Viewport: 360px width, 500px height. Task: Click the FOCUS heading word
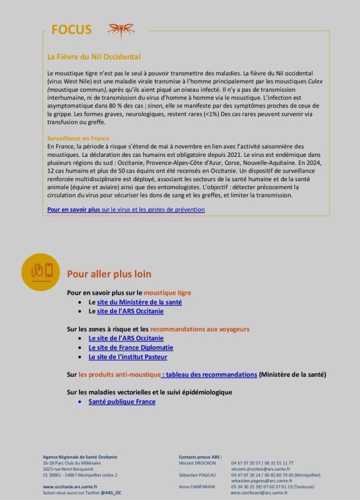71,30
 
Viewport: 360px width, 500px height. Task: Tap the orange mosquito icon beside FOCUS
120,29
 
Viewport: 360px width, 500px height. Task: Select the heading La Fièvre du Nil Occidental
94,57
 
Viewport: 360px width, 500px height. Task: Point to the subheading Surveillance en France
78,138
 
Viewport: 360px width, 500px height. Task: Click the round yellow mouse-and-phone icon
40,271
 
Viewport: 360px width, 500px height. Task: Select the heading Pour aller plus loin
109,274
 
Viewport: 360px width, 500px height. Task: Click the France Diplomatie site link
131,347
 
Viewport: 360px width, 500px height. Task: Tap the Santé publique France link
122,401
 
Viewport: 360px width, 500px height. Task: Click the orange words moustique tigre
167,292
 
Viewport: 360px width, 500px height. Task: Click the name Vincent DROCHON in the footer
197,463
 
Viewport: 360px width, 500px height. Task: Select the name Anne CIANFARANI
197,486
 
